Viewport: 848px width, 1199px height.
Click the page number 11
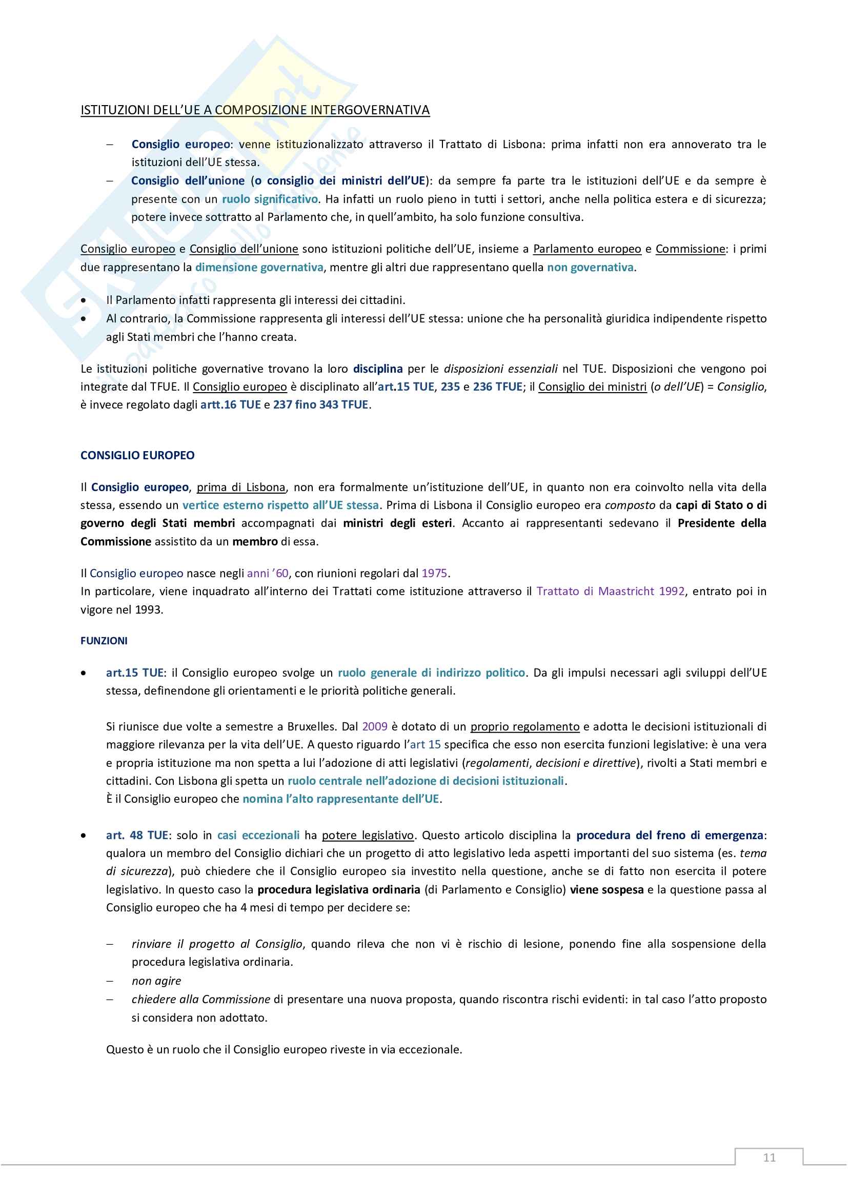pos(769,1157)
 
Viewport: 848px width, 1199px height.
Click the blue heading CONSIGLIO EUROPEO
pos(137,455)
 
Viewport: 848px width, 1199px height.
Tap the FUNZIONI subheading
pos(104,641)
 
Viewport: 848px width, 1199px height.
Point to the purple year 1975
pos(434,574)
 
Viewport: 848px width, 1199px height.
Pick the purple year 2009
pos(374,726)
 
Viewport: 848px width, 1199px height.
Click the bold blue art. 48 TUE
pos(137,835)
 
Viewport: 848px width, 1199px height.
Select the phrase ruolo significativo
pos(270,199)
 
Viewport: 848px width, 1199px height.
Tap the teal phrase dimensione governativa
pos(259,268)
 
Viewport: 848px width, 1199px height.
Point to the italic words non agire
pos(156,981)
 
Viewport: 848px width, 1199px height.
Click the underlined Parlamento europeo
pos(587,249)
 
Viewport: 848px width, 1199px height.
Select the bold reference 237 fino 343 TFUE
pos(320,405)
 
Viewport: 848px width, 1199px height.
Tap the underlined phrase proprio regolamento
pos(525,726)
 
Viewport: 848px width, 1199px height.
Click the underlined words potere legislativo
pos(368,835)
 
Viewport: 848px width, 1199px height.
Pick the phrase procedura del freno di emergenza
pos(670,835)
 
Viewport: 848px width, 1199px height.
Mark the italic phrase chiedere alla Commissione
pos(200,999)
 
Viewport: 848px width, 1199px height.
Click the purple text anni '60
pos(267,574)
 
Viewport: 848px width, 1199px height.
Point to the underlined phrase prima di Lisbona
pos(241,487)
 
